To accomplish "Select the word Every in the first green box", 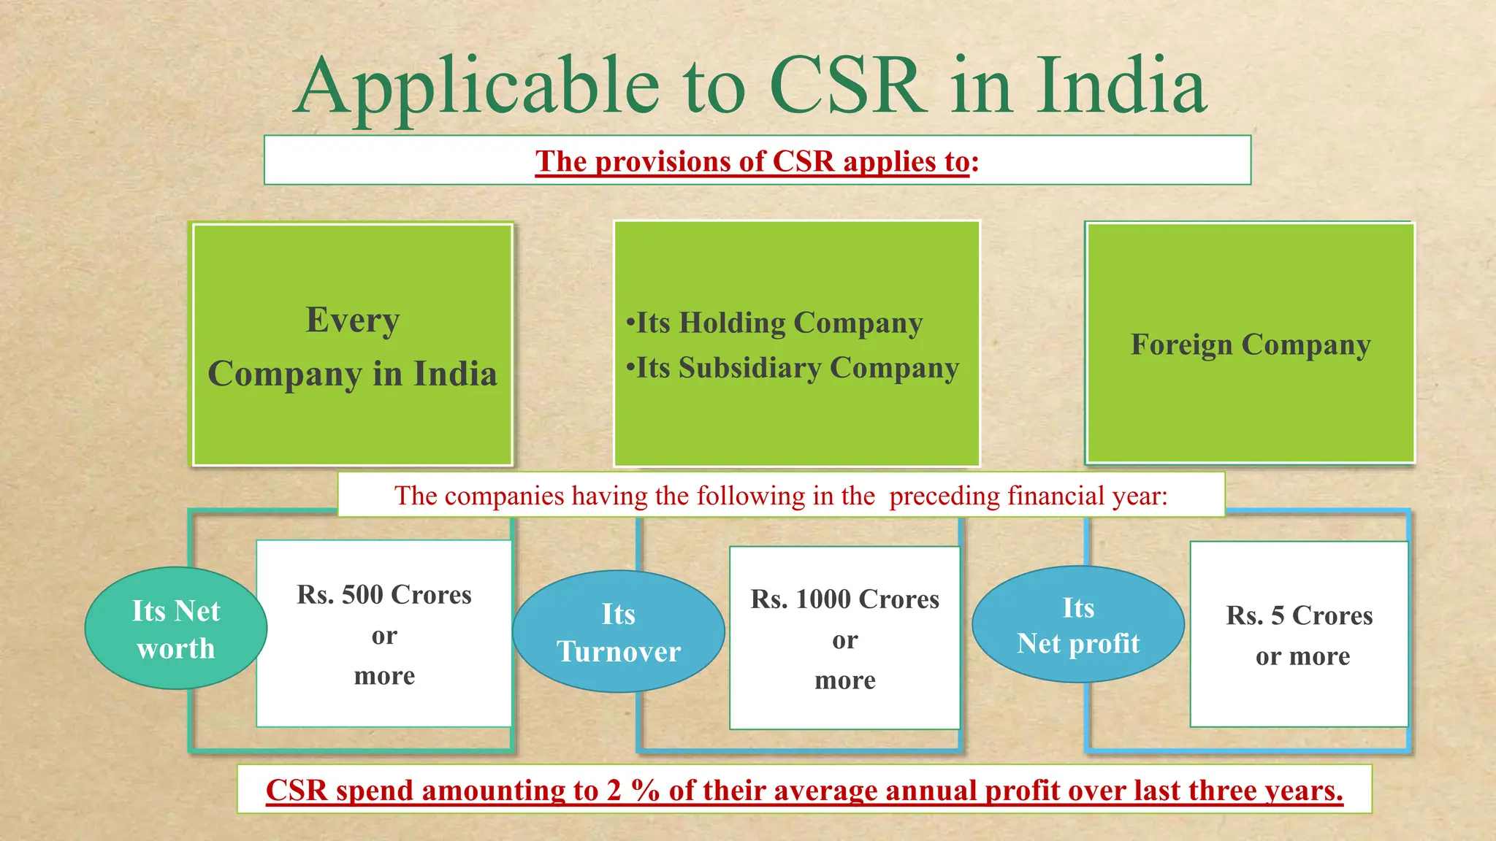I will tap(353, 320).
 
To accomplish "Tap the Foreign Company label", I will tap(1251, 345).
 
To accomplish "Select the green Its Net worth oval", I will tap(176, 629).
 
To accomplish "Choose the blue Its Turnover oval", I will tap(619, 631).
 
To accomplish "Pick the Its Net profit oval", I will tap(1078, 625).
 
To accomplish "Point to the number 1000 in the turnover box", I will tap(825, 599).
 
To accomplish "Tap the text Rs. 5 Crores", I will tap(1300, 615).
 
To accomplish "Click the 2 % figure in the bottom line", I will tap(633, 791).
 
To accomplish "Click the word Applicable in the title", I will tap(478, 88).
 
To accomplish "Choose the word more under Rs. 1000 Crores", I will tap(845, 680).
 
